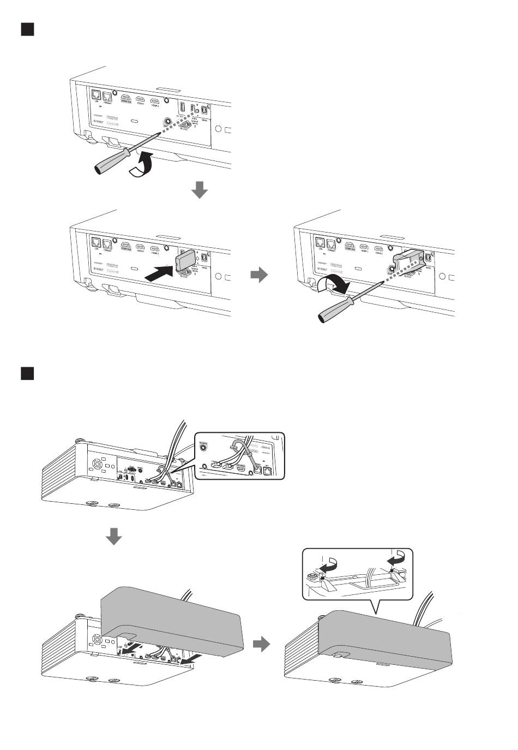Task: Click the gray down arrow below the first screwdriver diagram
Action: click(200, 189)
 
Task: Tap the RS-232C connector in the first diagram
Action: click(184, 123)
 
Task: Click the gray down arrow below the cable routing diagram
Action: click(113, 537)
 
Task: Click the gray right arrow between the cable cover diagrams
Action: click(262, 645)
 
